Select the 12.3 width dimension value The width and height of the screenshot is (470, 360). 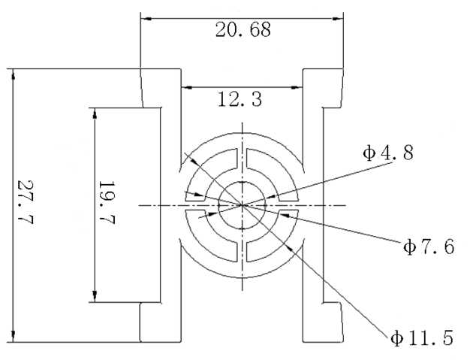click(x=240, y=99)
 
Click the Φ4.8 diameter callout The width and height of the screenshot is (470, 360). click(x=387, y=153)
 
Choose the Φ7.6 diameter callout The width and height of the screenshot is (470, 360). click(x=428, y=247)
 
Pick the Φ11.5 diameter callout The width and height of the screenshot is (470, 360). click(x=421, y=338)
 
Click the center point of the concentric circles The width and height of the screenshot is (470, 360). click(x=242, y=204)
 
